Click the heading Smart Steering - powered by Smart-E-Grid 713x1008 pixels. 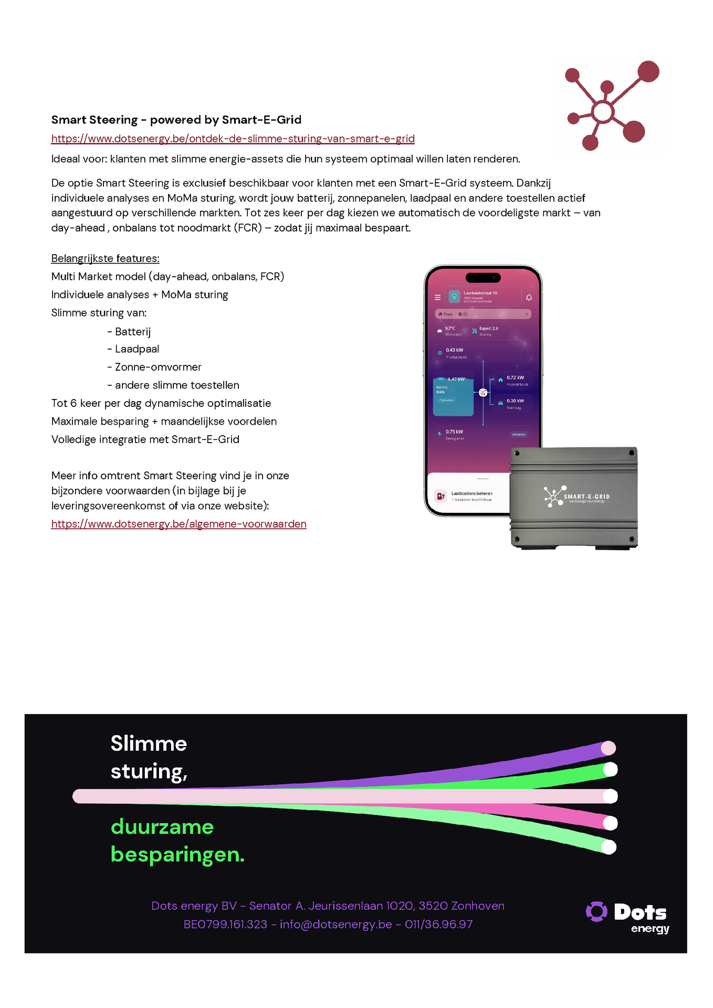(176, 120)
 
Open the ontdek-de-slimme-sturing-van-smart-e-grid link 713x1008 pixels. (233, 139)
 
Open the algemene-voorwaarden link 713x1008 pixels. (179, 524)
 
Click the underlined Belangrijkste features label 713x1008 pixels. (105, 258)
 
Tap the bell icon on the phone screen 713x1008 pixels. (529, 298)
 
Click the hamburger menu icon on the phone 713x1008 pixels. (437, 297)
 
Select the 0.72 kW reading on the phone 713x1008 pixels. (515, 377)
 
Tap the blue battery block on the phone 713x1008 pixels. (453, 396)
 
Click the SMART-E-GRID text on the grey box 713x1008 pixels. (586, 497)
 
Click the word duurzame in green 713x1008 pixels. (162, 827)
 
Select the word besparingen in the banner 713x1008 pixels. (177, 855)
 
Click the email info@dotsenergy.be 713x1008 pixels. (335, 924)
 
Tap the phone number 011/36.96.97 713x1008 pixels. (438, 924)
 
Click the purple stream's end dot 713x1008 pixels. (608, 748)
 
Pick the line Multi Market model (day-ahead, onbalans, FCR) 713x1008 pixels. (167, 277)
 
